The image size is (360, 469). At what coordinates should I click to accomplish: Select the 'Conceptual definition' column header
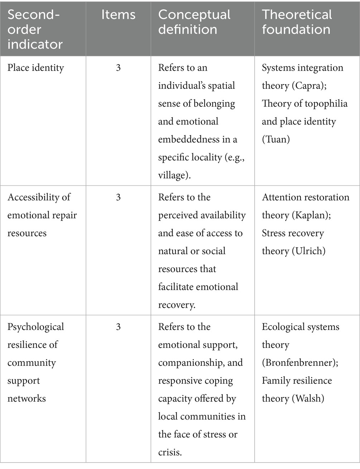click(194, 22)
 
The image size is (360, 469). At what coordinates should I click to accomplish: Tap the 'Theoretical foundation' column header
click(297, 22)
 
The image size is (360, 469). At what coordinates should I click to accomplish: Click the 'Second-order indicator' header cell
click(35, 29)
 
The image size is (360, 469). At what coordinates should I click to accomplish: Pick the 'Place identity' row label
click(35, 68)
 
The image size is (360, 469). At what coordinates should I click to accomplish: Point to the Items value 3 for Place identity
click(118, 68)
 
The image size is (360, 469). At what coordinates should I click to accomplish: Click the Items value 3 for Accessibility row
click(118, 197)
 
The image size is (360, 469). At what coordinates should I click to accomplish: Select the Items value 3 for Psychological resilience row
click(118, 327)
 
